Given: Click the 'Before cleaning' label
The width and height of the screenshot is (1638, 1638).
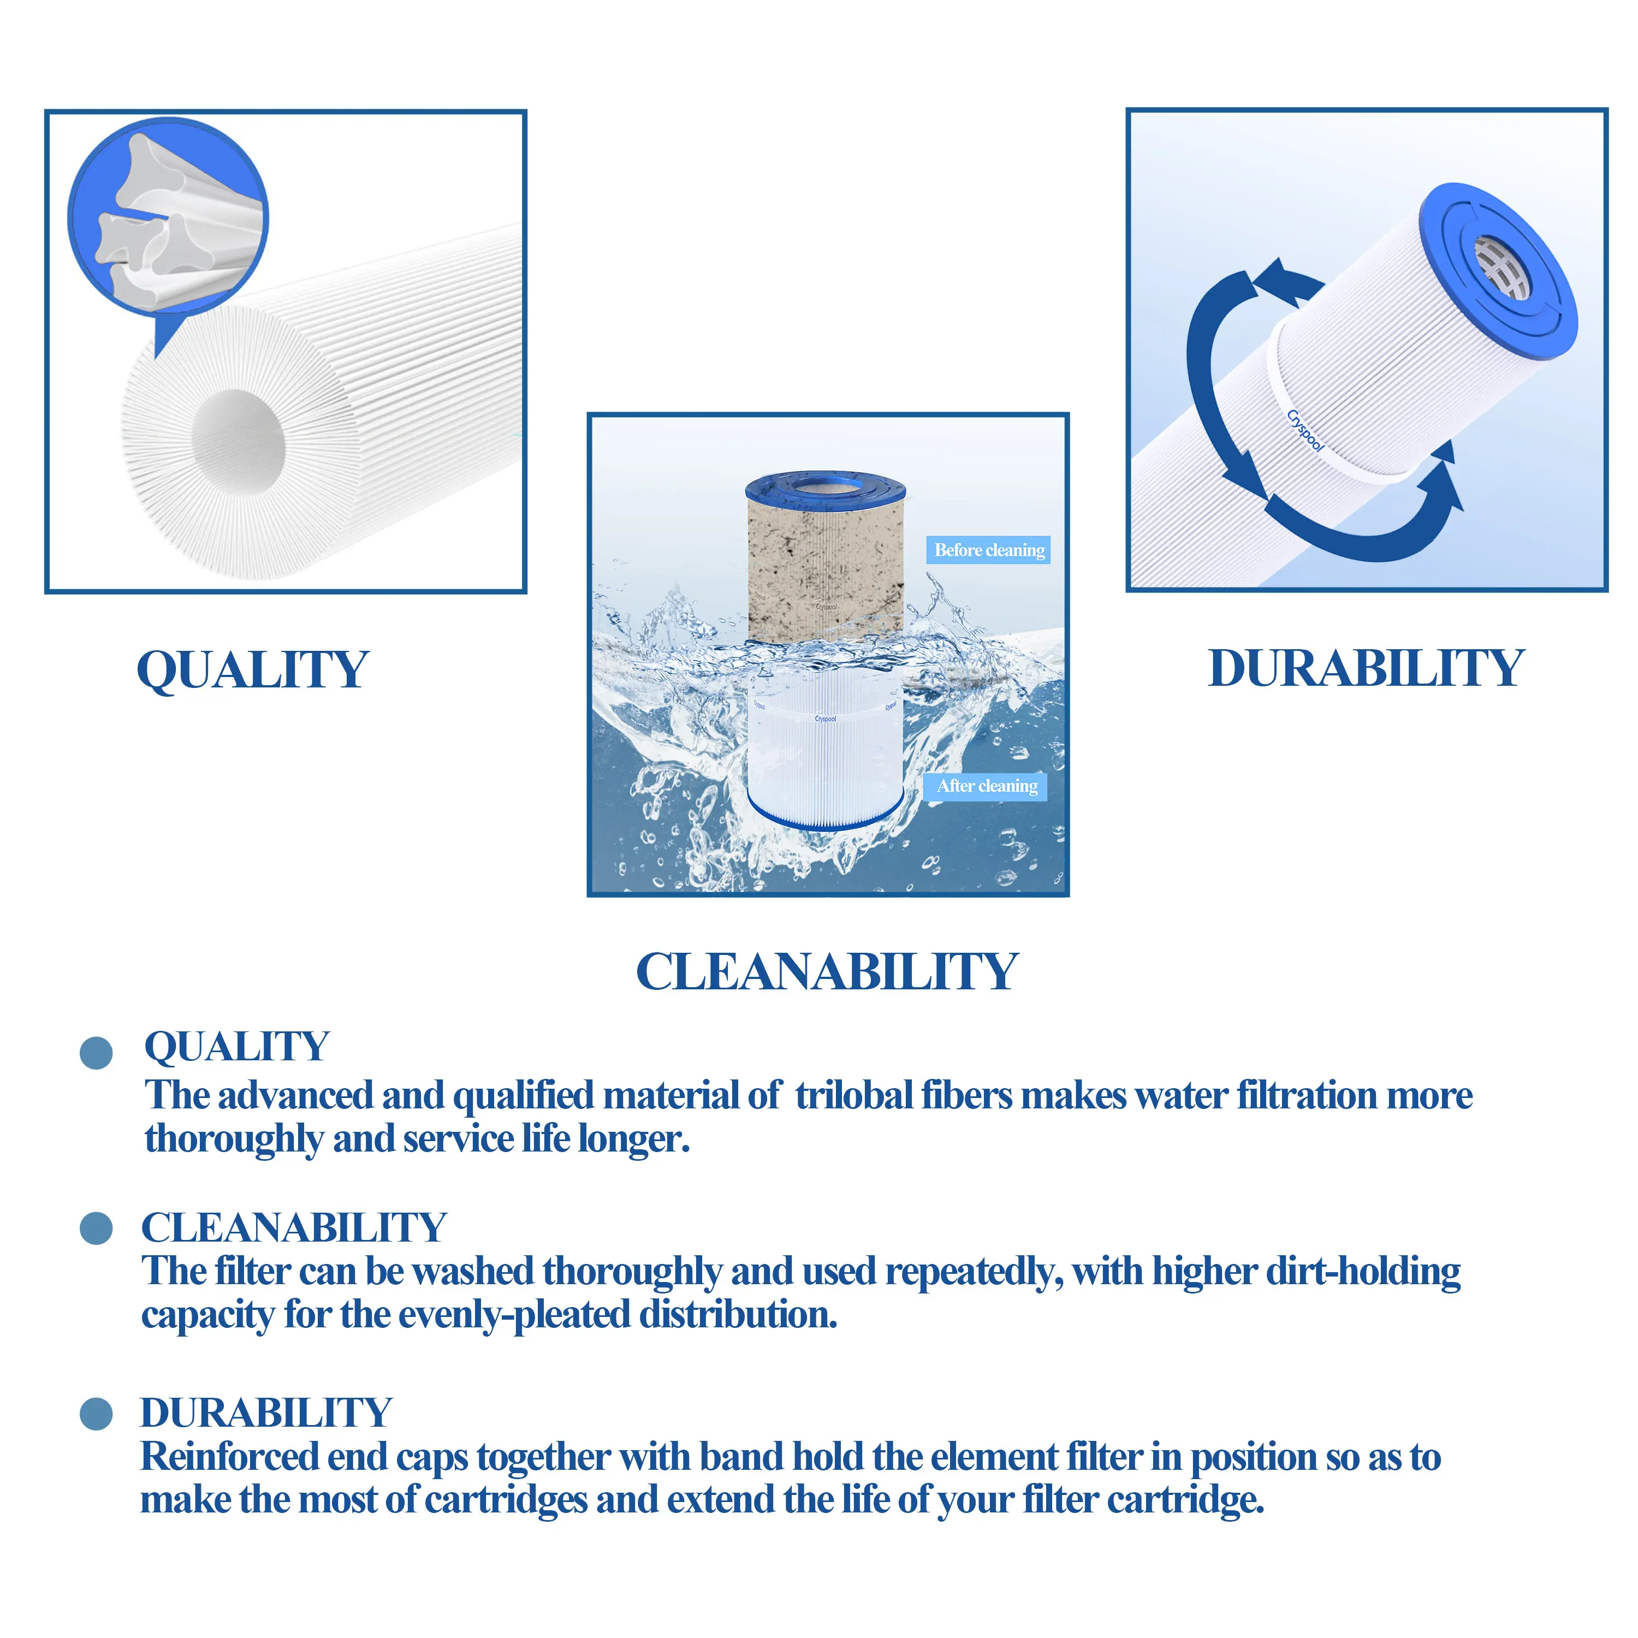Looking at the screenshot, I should (x=989, y=550).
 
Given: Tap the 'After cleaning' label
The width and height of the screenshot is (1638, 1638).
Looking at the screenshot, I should (x=986, y=786).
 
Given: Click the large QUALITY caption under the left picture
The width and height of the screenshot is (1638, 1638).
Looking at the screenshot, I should (x=253, y=670).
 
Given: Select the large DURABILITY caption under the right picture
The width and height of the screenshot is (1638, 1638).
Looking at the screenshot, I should (x=1366, y=668).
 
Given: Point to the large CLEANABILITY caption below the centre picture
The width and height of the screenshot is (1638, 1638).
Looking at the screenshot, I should (x=827, y=972).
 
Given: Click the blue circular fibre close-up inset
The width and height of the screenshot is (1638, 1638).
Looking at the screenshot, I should (x=168, y=216).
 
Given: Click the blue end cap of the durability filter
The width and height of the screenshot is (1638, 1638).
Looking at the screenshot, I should (x=1499, y=271).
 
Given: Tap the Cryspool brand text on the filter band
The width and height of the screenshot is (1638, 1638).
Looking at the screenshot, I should (x=1305, y=431).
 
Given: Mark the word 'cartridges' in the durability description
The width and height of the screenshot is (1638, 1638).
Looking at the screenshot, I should (x=505, y=1500).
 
